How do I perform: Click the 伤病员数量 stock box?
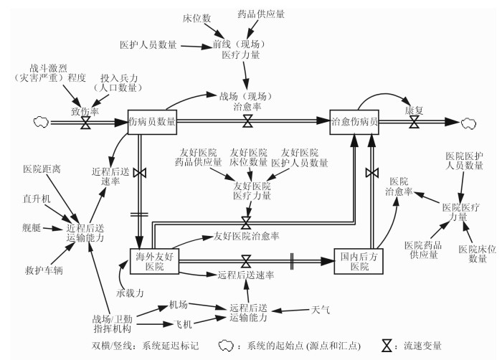click(x=152, y=121)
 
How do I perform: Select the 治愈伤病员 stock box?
click(x=354, y=121)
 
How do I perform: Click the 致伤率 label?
click(x=85, y=111)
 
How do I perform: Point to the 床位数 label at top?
click(x=196, y=16)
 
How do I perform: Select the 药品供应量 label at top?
click(x=260, y=14)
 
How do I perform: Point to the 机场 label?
click(x=179, y=304)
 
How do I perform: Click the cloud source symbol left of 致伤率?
click(x=39, y=123)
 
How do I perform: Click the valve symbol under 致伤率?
click(x=85, y=123)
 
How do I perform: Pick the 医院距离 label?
click(x=42, y=169)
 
